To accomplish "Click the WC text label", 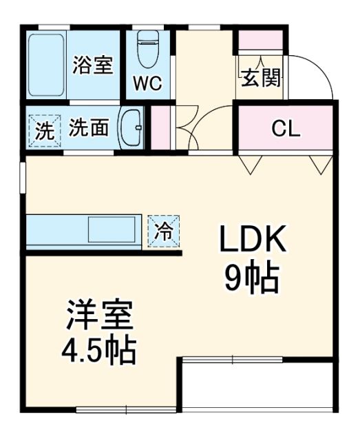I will point(147,84).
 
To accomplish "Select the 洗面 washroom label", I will point(89,128).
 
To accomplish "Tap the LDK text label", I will point(252,242).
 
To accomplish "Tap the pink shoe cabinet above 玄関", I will point(260,40).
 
